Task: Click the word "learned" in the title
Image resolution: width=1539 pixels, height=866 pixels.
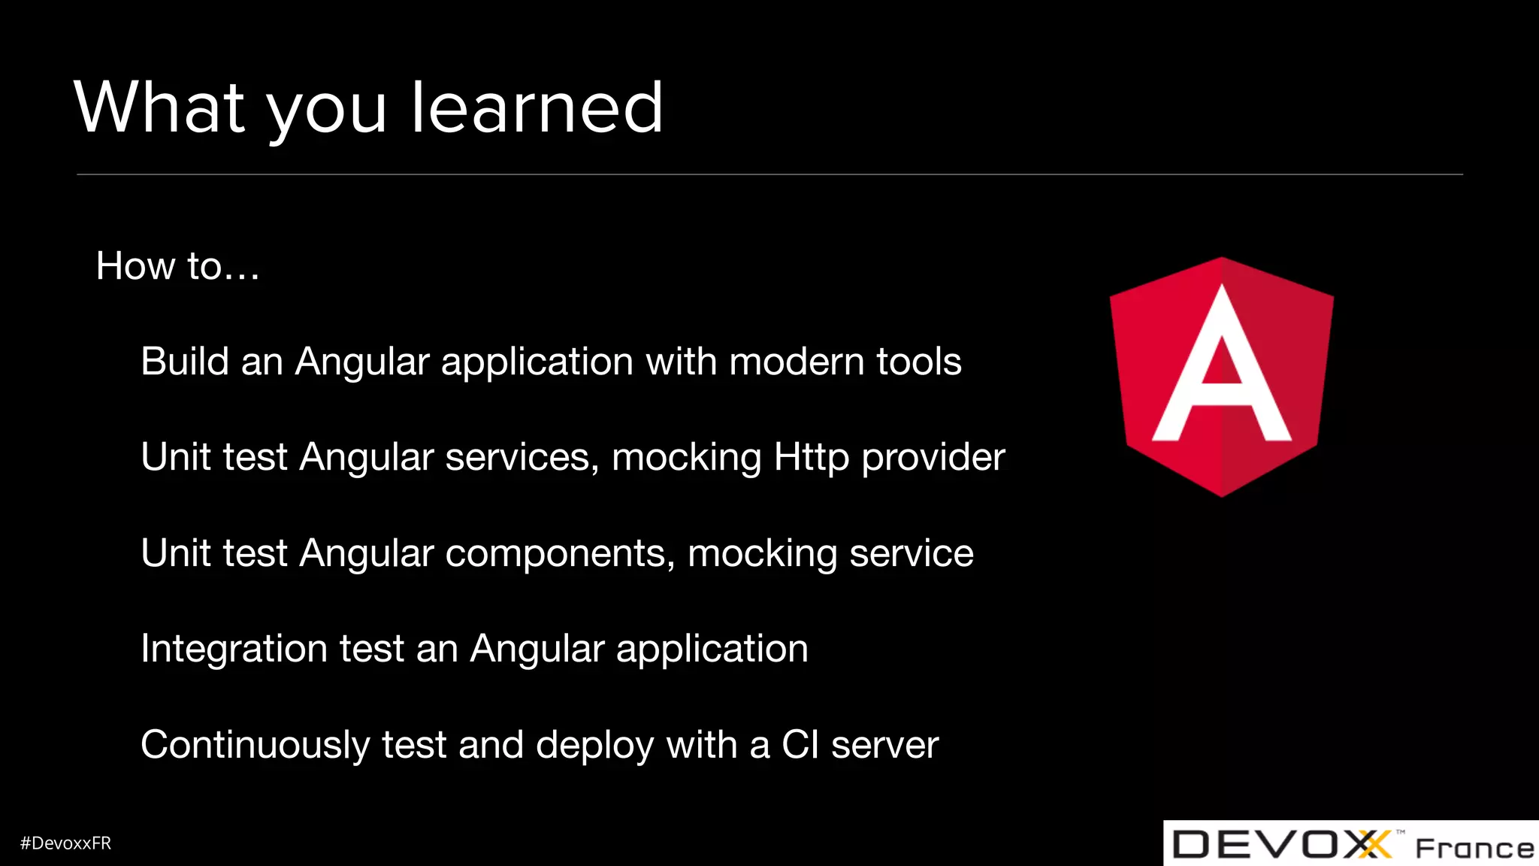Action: [537, 108]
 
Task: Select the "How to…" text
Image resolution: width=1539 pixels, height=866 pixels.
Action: [178, 266]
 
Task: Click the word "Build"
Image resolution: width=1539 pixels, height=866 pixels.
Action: [185, 362]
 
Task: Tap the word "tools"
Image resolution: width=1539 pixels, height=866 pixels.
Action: [918, 362]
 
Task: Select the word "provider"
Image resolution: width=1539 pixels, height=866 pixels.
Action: [933, 458]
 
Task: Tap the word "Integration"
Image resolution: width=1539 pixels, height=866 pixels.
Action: [234, 649]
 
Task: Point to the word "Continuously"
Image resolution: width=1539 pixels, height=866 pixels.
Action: [255, 745]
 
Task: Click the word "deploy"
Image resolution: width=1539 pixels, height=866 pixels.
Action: [594, 745]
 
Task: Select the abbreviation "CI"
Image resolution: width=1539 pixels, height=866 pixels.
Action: [800, 745]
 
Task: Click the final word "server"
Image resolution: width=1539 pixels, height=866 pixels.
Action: [885, 745]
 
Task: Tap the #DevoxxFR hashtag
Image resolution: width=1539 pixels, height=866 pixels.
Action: [65, 843]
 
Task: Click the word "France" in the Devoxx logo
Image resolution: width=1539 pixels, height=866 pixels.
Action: [1474, 848]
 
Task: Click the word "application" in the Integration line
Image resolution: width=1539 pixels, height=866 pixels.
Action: [712, 649]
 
